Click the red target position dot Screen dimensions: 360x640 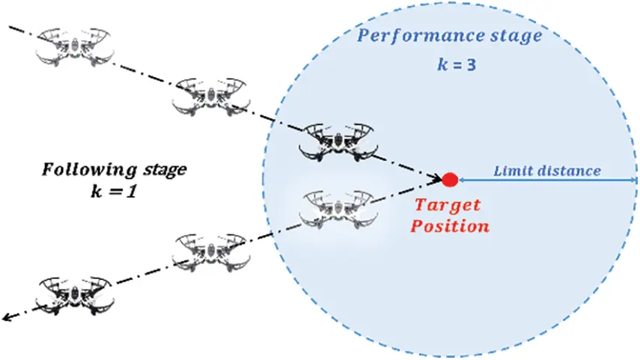coord(450,180)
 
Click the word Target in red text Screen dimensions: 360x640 coord(448,205)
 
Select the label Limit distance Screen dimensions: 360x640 coord(546,171)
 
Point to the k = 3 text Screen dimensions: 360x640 coord(457,65)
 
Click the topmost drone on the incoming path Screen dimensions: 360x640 coord(76,46)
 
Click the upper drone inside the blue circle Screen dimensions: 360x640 coord(336,140)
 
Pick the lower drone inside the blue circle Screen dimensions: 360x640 coord(336,208)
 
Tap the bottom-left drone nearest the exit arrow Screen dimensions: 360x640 coord(75,294)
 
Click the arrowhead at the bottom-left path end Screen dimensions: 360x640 coord(6,318)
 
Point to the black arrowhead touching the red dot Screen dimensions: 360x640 coord(437,178)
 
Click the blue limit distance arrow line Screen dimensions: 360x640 coord(546,180)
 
